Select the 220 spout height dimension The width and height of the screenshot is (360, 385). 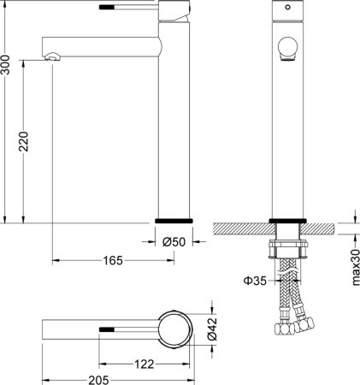click(x=24, y=141)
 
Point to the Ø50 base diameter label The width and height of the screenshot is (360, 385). click(x=174, y=242)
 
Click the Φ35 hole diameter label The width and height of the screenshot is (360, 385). click(x=254, y=278)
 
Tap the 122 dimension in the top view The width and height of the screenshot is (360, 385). click(x=145, y=364)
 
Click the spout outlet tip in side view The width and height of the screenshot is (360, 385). click(x=53, y=56)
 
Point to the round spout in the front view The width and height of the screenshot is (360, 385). click(x=288, y=49)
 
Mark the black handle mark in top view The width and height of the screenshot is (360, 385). click(x=107, y=329)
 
